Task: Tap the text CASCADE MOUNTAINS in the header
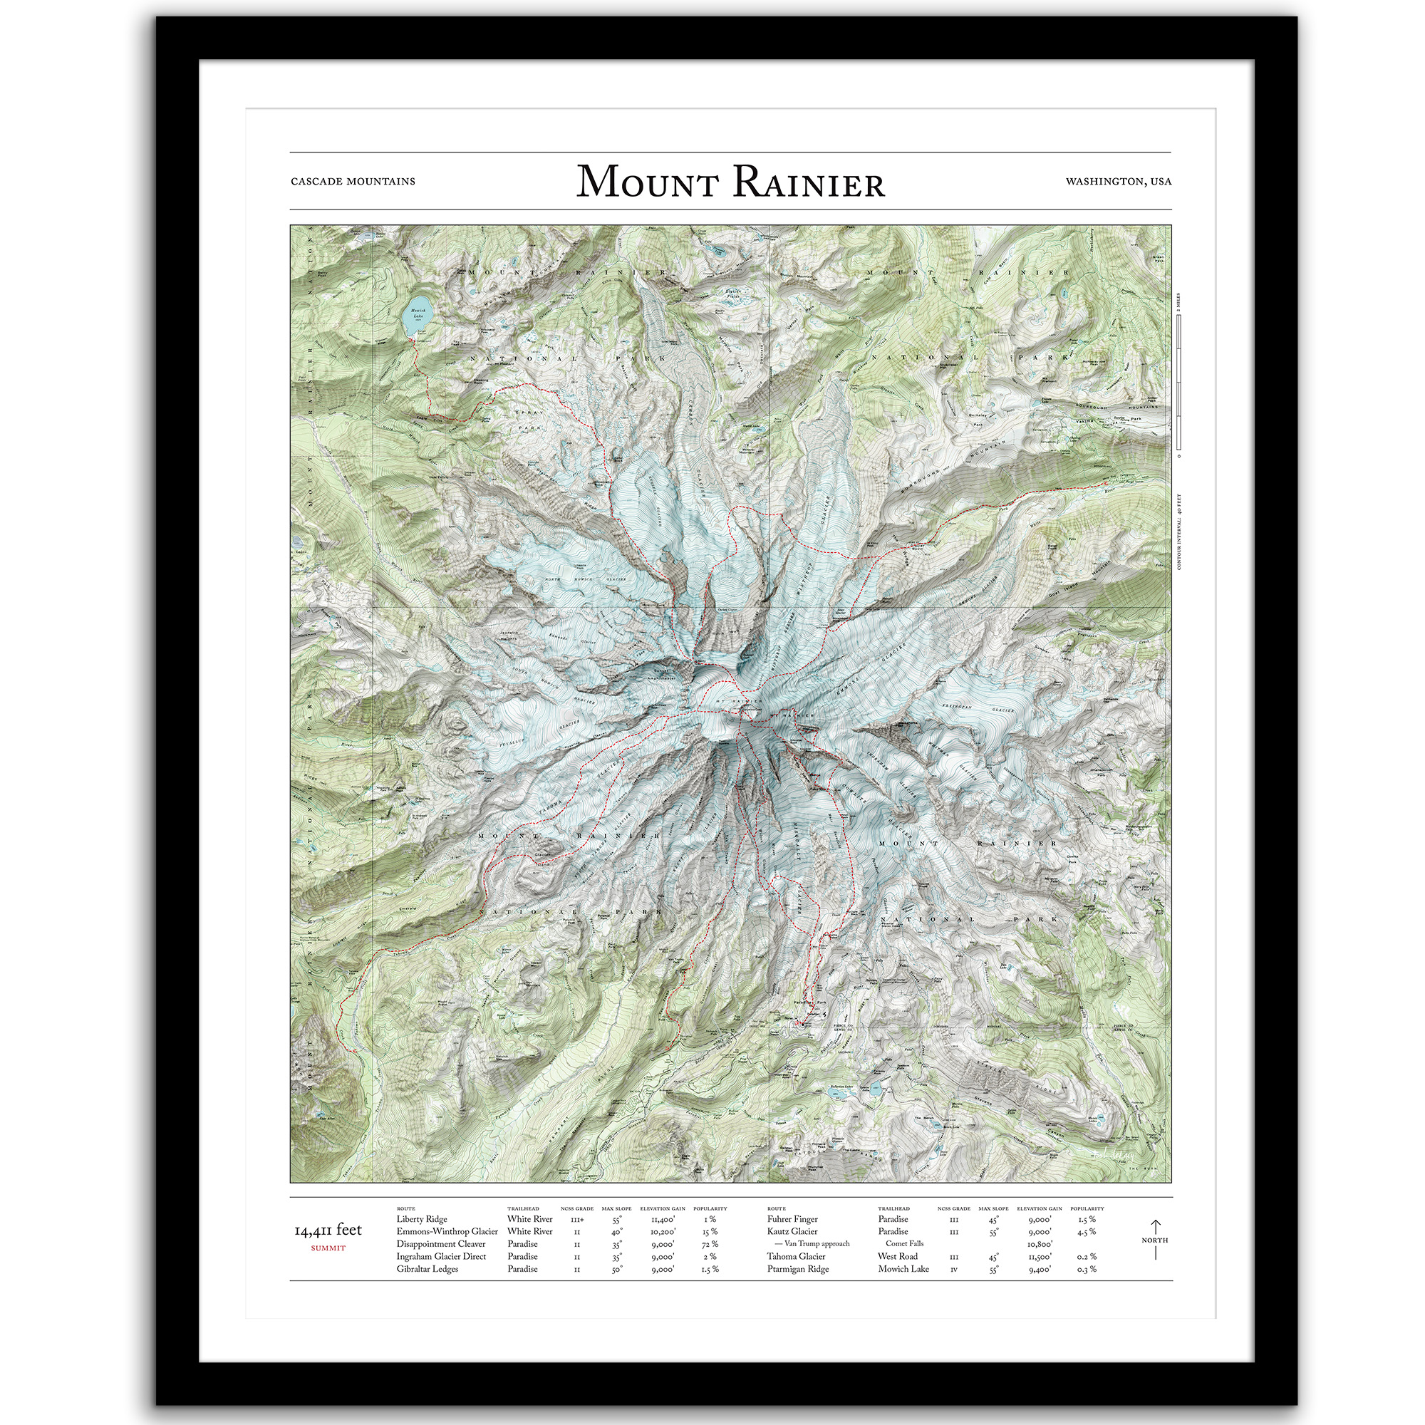pos(353,182)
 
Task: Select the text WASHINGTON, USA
pos(1118,182)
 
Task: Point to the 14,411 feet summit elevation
pos(328,1230)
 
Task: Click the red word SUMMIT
pos(328,1248)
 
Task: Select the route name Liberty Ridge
pos(422,1219)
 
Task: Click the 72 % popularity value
pos(710,1244)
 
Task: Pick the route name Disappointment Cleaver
pos(441,1244)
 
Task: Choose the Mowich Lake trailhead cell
pos(903,1270)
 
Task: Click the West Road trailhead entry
pos(898,1257)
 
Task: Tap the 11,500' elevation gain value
pos(1040,1257)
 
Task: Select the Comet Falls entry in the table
pos(904,1244)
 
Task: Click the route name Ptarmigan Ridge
pos(798,1270)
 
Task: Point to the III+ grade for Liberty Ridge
pos(577,1220)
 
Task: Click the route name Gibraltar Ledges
pos(427,1270)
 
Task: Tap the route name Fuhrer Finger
pos(792,1219)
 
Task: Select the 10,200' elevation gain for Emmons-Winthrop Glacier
pos(663,1232)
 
